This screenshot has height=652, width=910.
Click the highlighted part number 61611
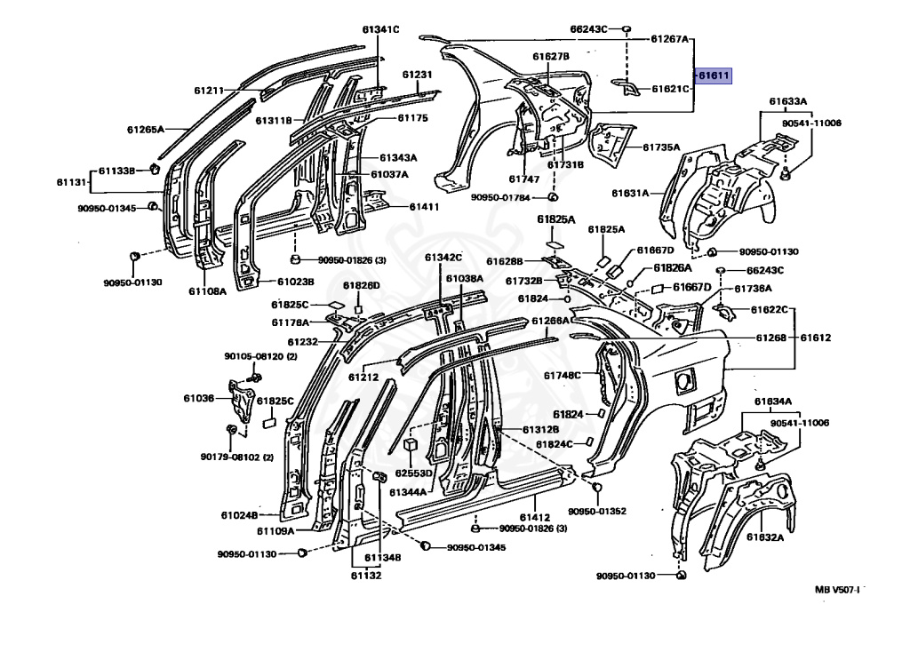tap(714, 76)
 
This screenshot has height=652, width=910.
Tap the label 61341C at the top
tap(380, 29)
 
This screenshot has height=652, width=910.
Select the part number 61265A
tap(146, 130)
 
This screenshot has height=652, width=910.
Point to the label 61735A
tap(661, 147)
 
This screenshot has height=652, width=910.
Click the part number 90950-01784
tap(500, 197)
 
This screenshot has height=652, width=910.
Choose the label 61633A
tap(788, 101)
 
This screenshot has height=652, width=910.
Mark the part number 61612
tap(816, 337)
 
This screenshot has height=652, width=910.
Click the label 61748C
tap(562, 376)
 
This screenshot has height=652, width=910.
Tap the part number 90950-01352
tap(597, 511)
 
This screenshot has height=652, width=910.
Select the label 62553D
tap(414, 473)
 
